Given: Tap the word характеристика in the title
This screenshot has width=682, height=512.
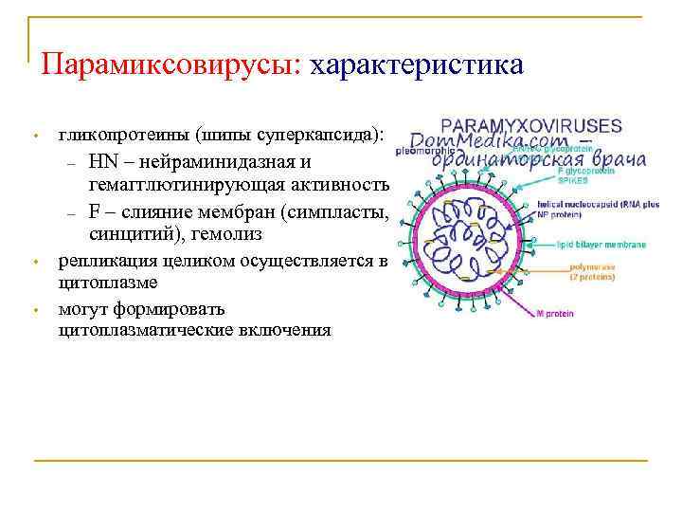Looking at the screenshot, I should tap(416, 65).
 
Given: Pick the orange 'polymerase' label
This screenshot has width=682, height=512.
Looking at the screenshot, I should tap(592, 267).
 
